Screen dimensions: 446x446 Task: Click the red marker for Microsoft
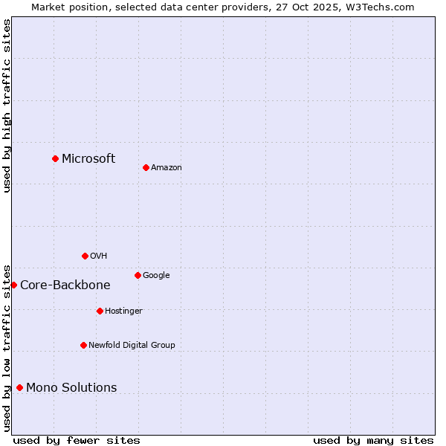tap(55, 158)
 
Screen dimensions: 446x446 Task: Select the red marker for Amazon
tap(146, 167)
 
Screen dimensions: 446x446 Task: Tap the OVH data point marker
tap(85, 256)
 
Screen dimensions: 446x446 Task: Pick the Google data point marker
tap(138, 275)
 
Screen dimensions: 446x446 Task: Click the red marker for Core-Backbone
tap(13, 285)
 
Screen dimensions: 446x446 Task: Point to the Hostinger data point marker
tap(100, 311)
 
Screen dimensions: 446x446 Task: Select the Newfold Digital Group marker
tap(83, 345)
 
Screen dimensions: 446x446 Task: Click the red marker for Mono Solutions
tap(19, 387)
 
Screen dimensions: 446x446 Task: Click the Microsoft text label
tap(88, 158)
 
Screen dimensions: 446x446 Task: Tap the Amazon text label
tap(167, 168)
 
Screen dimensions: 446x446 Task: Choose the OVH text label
tap(99, 256)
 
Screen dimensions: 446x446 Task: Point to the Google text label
tap(156, 276)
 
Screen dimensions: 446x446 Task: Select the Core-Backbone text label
tap(65, 285)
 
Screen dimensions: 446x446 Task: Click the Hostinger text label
tap(123, 311)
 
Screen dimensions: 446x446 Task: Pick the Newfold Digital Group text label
tap(132, 346)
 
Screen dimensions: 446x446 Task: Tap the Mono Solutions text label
tap(71, 388)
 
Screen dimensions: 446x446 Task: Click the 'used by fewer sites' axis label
tap(77, 440)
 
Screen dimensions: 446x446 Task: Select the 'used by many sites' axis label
tap(373, 440)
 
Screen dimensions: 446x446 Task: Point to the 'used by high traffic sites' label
tap(7, 106)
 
